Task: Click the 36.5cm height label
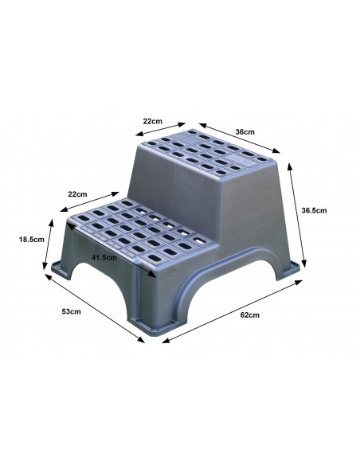click(314, 210)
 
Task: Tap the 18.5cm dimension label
click(31, 240)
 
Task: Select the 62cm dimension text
click(249, 315)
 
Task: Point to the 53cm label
click(71, 311)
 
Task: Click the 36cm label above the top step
click(245, 131)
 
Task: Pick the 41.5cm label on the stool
click(104, 257)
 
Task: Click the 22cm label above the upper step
click(153, 121)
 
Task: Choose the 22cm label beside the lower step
click(78, 194)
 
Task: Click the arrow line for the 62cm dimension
click(233, 311)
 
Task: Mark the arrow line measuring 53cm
click(95, 308)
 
